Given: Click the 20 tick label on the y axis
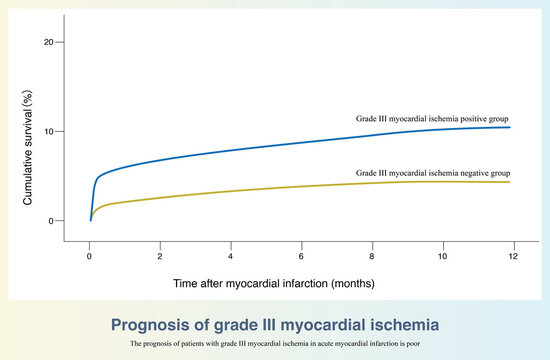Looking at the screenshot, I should coord(49,42).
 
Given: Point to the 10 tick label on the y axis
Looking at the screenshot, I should coord(49,131).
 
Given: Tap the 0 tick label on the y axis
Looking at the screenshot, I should coord(52,220).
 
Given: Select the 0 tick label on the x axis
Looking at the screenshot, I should coord(90,256).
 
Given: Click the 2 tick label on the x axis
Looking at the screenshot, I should coord(160,256).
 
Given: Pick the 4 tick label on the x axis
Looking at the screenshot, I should coord(231,256).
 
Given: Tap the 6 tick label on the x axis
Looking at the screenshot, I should coord(301,256).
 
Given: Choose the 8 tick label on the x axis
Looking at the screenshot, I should coord(372,256).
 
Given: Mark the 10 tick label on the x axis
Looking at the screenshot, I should coord(442,256).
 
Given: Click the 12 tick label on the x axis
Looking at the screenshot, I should coord(513,256).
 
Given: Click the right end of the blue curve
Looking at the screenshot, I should coord(510,127).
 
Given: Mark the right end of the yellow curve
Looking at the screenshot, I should coord(510,182).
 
